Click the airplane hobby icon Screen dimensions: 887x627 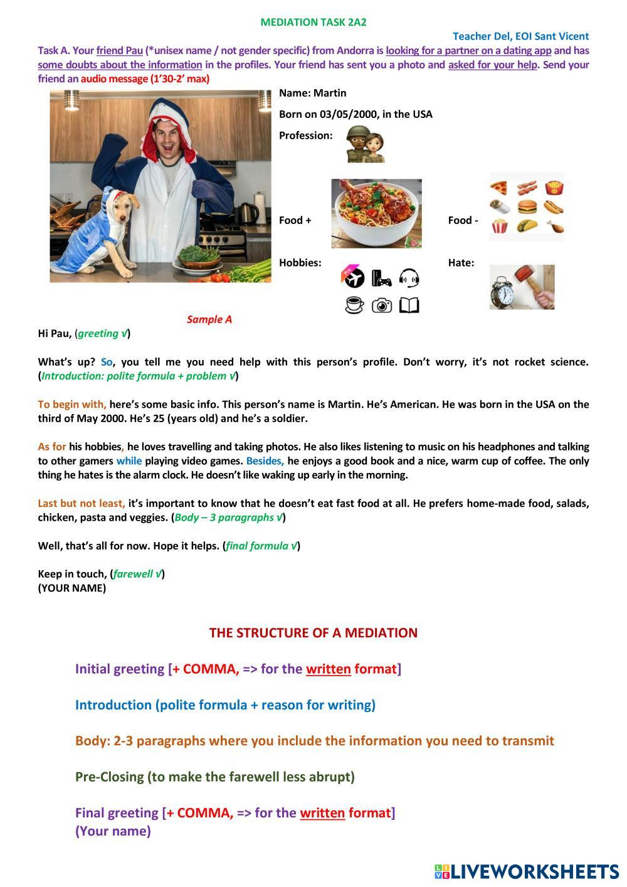point(354,277)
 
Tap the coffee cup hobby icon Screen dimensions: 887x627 point(354,305)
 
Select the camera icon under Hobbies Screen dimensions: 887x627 point(382,305)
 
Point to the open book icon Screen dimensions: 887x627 point(409,305)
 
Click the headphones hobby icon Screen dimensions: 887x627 point(409,277)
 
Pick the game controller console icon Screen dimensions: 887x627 point(381,277)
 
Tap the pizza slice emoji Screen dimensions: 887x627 point(499,188)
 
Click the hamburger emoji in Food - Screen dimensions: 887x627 point(527,207)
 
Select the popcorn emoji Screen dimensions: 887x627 point(499,226)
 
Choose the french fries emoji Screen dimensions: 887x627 point(554,188)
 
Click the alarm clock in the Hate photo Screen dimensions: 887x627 point(503,293)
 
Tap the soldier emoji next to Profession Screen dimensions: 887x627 point(365,144)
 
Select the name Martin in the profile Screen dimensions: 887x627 point(330,93)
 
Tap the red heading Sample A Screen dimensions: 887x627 point(209,319)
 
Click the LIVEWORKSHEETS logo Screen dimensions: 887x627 point(526,871)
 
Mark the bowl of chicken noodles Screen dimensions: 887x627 point(376,213)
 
